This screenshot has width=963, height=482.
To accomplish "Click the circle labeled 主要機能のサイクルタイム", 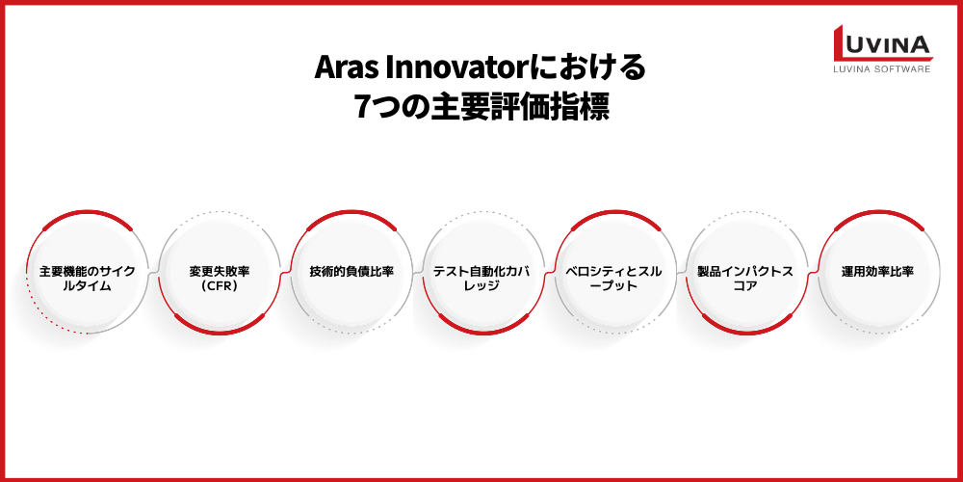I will point(88,273).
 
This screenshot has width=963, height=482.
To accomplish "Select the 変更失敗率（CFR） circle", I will point(221,273).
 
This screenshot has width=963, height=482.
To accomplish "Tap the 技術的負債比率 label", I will point(351,272).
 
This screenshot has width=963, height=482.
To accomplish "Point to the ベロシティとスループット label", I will point(614,273).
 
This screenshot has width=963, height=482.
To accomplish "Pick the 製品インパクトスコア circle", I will point(745,273).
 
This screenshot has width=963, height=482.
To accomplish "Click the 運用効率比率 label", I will point(876,272).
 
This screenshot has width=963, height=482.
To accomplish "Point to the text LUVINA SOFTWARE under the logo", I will point(881,69).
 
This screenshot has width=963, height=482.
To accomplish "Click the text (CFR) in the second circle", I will point(221,285).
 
